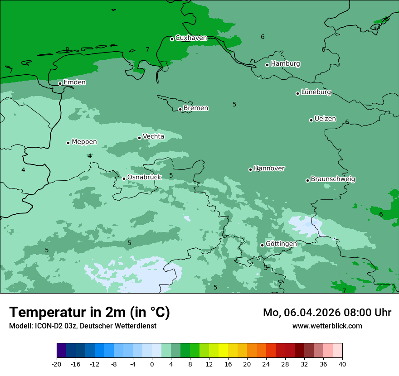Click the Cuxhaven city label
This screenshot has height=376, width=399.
pyautogui.click(x=191, y=38)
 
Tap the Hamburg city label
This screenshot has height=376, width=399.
pyautogui.click(x=285, y=64)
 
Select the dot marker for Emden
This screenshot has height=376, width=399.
pyautogui.click(x=60, y=83)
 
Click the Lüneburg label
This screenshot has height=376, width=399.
pyautogui.click(x=316, y=92)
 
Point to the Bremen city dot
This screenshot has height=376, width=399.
pyautogui.click(x=180, y=109)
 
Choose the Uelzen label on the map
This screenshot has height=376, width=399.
pyautogui.click(x=325, y=119)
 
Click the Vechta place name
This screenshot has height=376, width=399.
pyautogui.click(x=153, y=136)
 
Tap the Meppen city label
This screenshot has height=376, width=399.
pyautogui.click(x=84, y=142)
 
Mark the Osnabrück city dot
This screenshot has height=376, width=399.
pyautogui.click(x=124, y=178)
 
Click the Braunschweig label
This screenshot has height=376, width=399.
pyautogui.click(x=333, y=179)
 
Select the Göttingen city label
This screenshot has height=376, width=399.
pyautogui.click(x=281, y=244)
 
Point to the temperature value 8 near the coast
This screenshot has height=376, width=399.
pyautogui.click(x=67, y=50)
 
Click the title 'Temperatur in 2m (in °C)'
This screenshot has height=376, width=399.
pyautogui.click(x=89, y=313)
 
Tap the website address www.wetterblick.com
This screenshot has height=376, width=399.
pyautogui.click(x=327, y=326)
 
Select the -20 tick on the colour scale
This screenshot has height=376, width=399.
pyautogui.click(x=57, y=364)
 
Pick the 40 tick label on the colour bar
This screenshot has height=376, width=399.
pyautogui.click(x=342, y=364)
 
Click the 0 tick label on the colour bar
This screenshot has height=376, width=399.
pyautogui.click(x=152, y=364)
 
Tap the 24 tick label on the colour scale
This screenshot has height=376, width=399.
pyautogui.click(x=266, y=364)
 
